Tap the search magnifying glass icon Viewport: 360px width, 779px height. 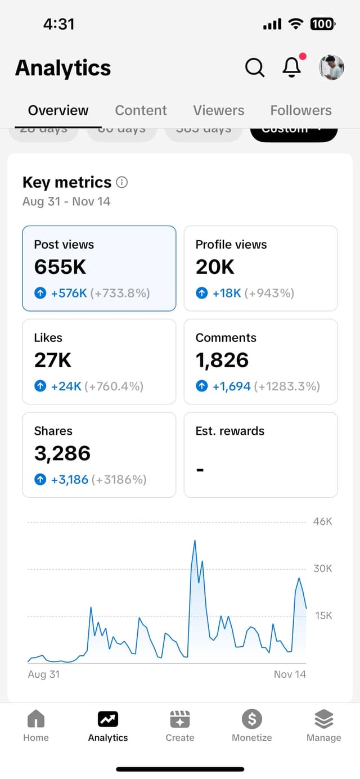tap(255, 67)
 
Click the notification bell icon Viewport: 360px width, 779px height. tap(291, 67)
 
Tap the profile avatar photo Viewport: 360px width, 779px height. tap(331, 67)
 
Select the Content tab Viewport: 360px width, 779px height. tap(141, 110)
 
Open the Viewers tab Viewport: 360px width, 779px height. tap(219, 110)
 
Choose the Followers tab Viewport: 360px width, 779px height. tap(301, 110)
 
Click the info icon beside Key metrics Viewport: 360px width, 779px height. tap(121, 182)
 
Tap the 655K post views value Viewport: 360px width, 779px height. tap(60, 267)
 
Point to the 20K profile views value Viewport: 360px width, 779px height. tap(215, 267)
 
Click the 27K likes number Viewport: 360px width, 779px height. tap(53, 361)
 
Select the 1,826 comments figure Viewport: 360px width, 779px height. tap(222, 361)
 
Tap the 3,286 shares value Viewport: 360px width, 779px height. tap(62, 454)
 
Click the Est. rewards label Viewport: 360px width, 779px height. tap(229, 431)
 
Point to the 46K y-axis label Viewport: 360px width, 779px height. tap(323, 521)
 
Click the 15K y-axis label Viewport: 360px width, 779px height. tap(323, 615)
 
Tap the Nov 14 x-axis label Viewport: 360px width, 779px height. tap(290, 674)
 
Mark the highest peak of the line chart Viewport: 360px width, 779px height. tap(195, 541)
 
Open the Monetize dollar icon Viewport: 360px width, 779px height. tap(251, 719)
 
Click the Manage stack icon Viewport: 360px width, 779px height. tap(323, 719)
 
